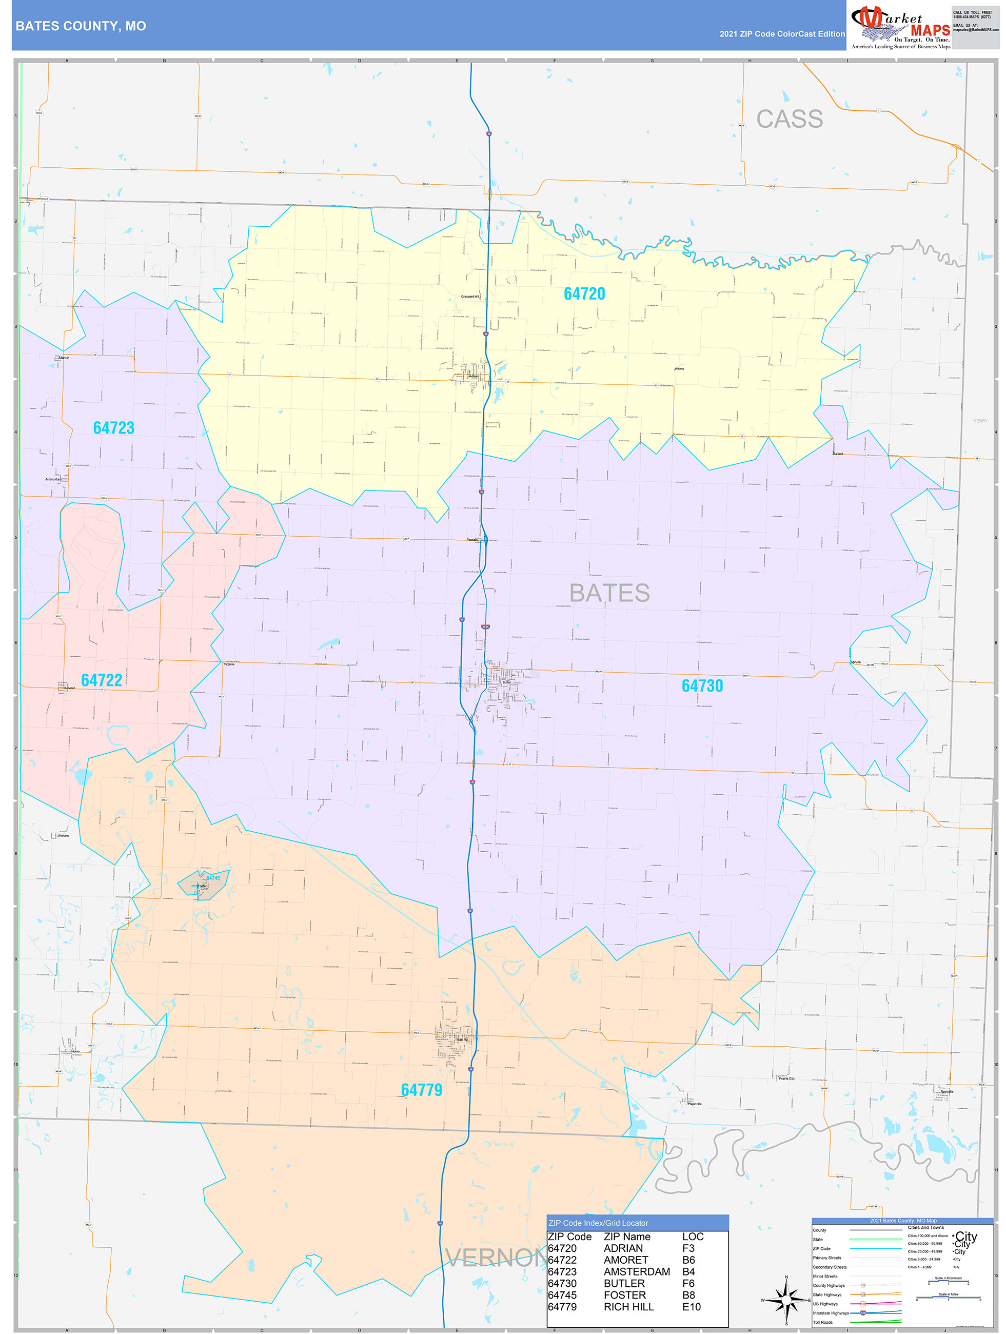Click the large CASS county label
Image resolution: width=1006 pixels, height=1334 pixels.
(789, 119)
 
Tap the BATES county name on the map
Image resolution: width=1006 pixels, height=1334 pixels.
(609, 593)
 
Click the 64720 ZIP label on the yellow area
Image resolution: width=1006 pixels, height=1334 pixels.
(584, 293)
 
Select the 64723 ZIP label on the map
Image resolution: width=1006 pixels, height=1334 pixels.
(113, 428)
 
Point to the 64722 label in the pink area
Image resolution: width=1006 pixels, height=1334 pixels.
(102, 680)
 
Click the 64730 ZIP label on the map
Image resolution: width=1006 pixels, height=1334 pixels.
(701, 685)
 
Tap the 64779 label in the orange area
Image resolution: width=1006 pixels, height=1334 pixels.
(421, 1090)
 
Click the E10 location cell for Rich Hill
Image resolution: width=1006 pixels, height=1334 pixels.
(691, 1307)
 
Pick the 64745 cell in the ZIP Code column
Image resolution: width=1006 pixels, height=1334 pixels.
(562, 1295)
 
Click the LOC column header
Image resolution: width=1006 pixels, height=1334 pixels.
(693, 1237)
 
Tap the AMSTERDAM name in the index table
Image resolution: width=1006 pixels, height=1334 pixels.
(636, 1271)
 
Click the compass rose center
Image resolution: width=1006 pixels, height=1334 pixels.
(786, 1300)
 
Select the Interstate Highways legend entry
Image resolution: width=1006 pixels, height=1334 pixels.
(831, 1313)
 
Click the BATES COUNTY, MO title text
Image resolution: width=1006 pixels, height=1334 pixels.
(80, 26)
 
